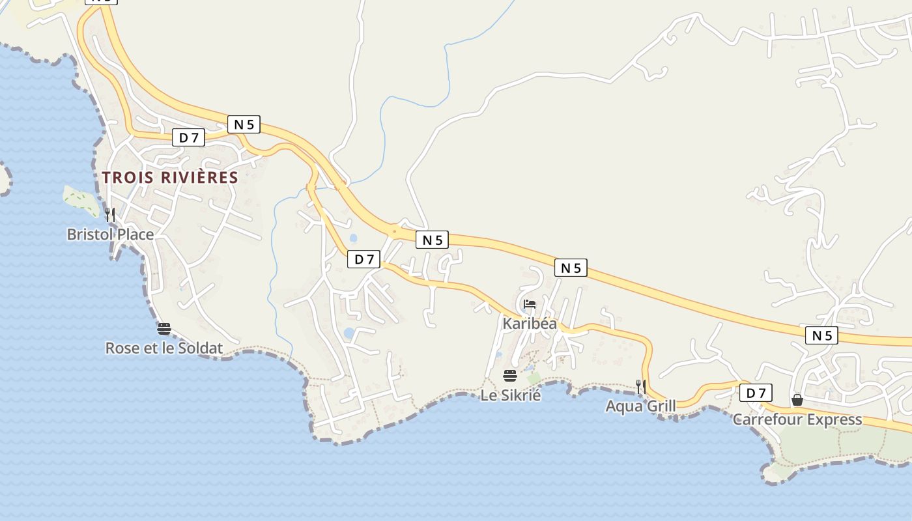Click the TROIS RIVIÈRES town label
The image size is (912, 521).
click(170, 177)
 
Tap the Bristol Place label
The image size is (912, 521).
click(110, 234)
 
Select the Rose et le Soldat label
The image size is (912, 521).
click(164, 348)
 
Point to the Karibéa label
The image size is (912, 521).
click(530, 323)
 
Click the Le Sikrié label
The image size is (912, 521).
click(511, 395)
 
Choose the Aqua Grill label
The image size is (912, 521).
click(640, 406)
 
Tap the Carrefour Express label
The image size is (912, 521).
click(797, 419)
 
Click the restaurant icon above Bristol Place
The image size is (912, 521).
click(110, 214)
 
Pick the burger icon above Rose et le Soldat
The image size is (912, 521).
click(164, 328)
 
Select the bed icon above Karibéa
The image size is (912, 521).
click(530, 304)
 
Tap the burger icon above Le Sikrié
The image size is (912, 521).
click(510, 375)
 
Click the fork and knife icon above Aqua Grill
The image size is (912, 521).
click(641, 386)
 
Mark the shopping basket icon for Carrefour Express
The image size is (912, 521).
click(797, 399)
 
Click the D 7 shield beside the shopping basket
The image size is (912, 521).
click(756, 393)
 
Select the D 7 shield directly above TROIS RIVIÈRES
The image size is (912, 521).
click(188, 137)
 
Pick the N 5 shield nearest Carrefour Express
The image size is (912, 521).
click(821, 335)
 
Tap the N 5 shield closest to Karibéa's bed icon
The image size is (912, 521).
click(571, 267)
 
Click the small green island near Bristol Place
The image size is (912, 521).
click(81, 200)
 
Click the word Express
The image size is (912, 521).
click(833, 419)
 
